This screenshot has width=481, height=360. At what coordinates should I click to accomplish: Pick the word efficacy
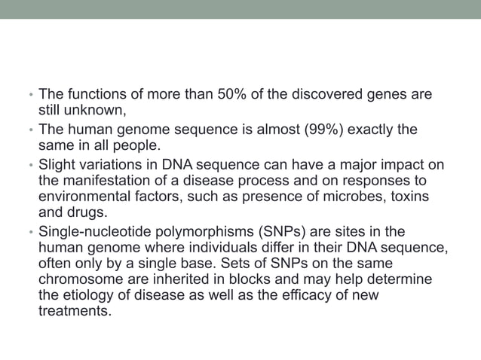(280, 294)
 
